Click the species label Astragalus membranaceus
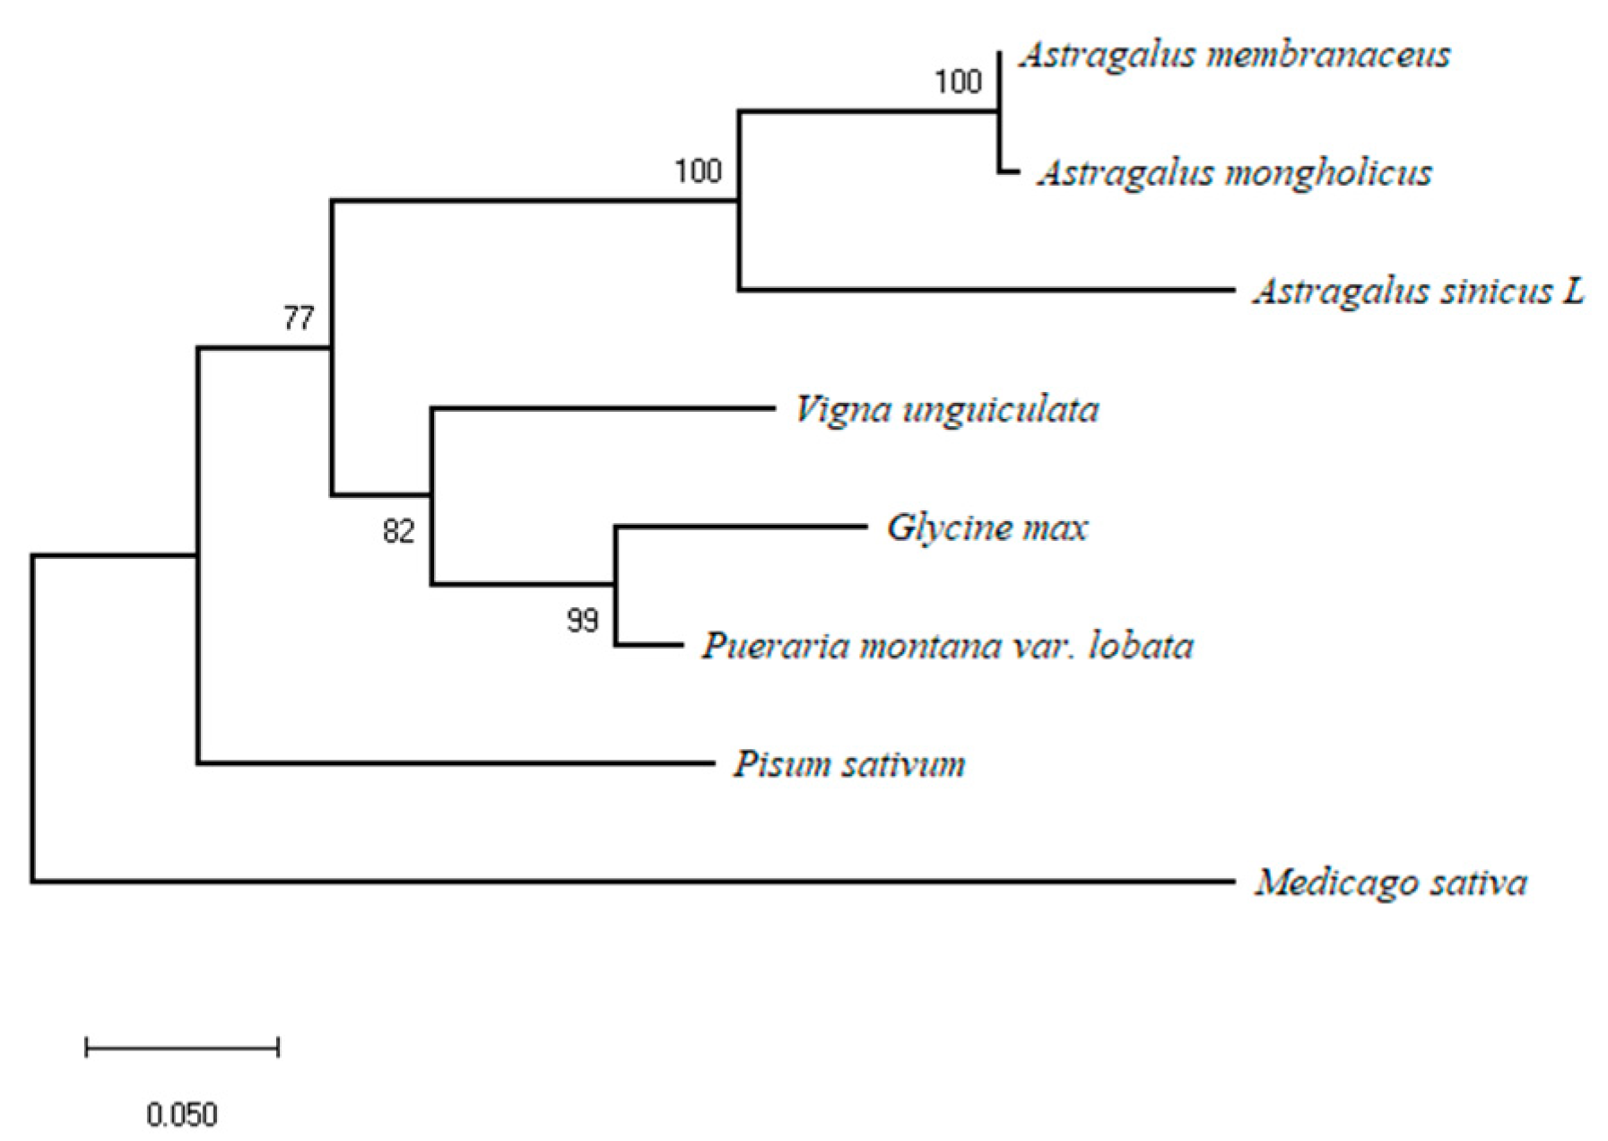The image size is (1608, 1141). [x=1235, y=56]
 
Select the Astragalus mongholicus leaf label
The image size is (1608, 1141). [x=1235, y=173]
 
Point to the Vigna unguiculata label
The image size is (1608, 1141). [x=947, y=410]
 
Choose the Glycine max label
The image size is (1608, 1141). [x=987, y=527]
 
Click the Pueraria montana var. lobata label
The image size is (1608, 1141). [x=948, y=646]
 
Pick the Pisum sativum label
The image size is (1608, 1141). [x=849, y=764]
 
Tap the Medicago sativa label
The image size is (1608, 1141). [x=1391, y=883]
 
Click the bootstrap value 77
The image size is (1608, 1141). [x=299, y=318]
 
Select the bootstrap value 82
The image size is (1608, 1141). [x=399, y=532]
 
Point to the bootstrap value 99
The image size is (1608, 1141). [x=583, y=620]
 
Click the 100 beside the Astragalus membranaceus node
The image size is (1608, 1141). [x=958, y=83]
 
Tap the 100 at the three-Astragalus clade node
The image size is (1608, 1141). [x=698, y=170]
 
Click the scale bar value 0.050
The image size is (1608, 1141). [x=182, y=1115]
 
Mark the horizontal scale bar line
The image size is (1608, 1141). [x=182, y=1047]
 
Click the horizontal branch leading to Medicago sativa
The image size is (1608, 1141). [x=628, y=882]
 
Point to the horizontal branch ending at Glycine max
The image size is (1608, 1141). [x=740, y=527]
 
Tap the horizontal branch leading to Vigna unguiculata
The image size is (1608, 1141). [x=601, y=408]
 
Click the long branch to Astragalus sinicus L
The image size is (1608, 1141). [x=987, y=290]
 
